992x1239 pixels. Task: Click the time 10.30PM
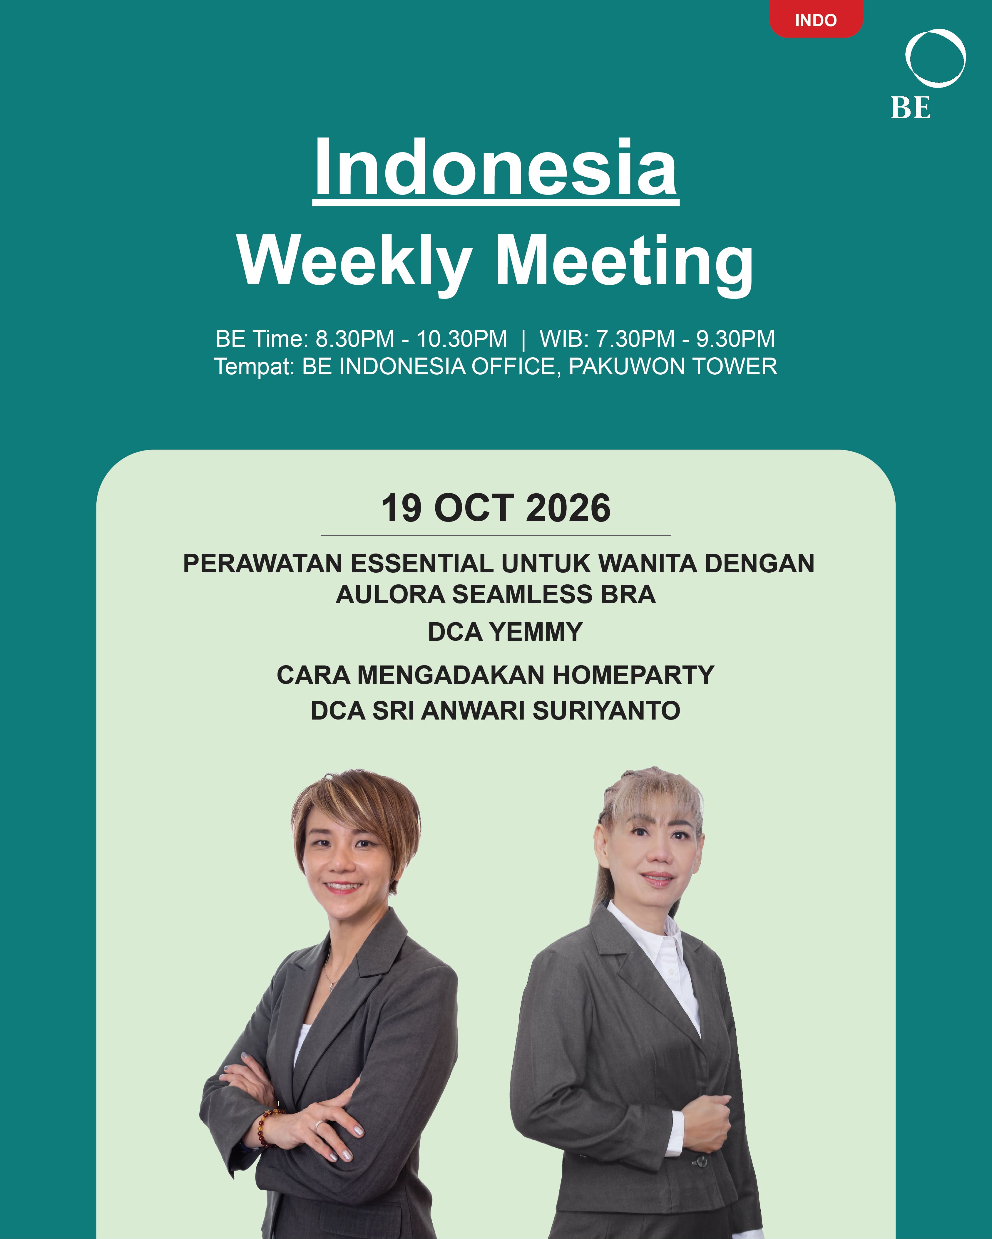(462, 339)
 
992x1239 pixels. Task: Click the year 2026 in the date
(568, 508)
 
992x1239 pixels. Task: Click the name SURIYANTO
(606, 711)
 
